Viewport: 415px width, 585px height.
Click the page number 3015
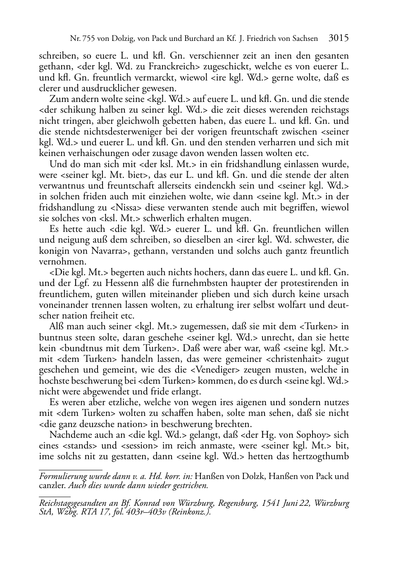pyautogui.click(x=339, y=38)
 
